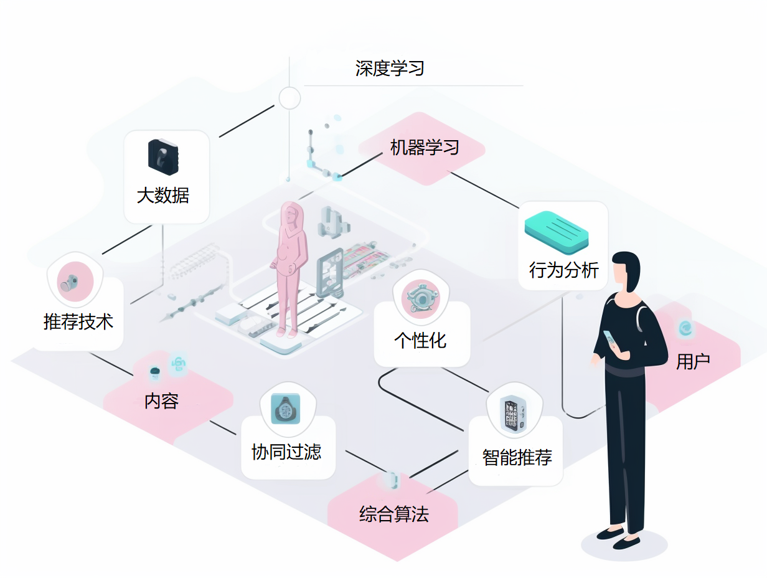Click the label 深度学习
tap(390, 68)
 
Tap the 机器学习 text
tap(425, 148)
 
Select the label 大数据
tap(163, 196)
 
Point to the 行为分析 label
tap(563, 270)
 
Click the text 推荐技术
tap(78, 321)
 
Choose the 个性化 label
tap(420, 340)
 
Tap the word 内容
tap(162, 401)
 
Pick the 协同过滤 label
tap(286, 452)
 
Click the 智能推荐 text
tap(517, 457)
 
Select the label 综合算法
tap(394, 514)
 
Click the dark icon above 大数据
tap(163, 156)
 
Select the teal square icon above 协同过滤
tap(287, 409)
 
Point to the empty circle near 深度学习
tap(289, 98)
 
